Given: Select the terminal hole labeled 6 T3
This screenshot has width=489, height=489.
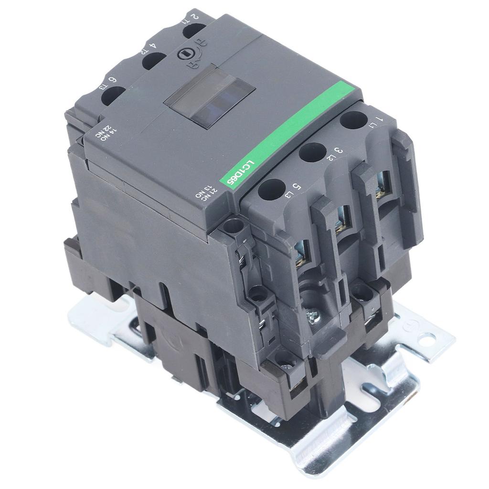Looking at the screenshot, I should tap(112, 96).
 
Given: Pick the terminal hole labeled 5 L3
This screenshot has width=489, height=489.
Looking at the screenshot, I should tap(271, 189).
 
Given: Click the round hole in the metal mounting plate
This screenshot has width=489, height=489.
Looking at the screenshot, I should tap(425, 339).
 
